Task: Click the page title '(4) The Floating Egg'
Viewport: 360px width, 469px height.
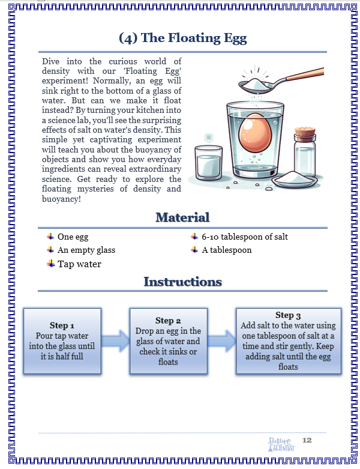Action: click(183, 38)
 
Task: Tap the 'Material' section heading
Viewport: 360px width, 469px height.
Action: click(182, 217)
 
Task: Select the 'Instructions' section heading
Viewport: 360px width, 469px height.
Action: click(182, 282)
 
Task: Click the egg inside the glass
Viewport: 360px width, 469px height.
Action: click(255, 133)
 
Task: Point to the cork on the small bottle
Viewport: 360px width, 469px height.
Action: click(305, 132)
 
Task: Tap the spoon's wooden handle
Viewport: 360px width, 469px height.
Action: click(305, 74)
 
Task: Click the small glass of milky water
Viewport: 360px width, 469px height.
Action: click(208, 162)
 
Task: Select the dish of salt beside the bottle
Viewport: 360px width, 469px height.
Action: click(294, 179)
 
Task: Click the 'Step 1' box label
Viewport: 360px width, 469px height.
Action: click(62, 325)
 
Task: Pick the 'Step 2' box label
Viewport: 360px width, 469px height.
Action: click(168, 321)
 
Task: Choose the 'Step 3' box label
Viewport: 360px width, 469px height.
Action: click(288, 315)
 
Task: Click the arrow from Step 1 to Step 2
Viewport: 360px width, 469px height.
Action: click(115, 341)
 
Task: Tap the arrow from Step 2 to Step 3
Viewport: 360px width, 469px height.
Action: click(221, 341)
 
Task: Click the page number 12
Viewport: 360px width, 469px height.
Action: click(307, 440)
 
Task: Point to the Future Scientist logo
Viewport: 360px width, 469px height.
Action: click(281, 444)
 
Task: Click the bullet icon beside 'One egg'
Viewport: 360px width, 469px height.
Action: click(50, 237)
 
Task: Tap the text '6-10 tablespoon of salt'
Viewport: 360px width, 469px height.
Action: click(245, 237)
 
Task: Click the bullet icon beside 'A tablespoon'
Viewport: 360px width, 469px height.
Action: click(194, 250)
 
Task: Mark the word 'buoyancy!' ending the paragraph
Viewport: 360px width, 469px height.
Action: click(61, 199)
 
